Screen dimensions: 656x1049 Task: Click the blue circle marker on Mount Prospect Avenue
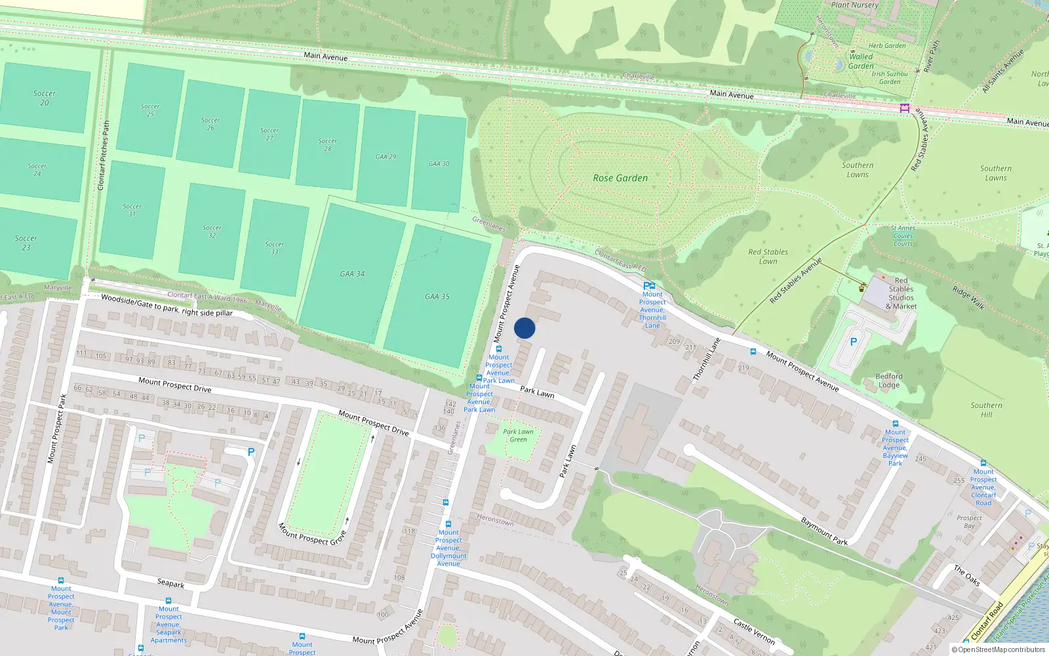pyautogui.click(x=524, y=328)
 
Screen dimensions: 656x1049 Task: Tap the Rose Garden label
pyautogui.click(x=620, y=178)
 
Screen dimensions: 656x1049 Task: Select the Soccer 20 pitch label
pyautogui.click(x=44, y=98)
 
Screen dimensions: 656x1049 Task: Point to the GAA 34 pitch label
pyautogui.click(x=352, y=274)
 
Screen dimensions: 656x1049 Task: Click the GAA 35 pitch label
pyautogui.click(x=437, y=297)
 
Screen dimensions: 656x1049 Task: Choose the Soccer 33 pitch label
pyautogui.click(x=275, y=247)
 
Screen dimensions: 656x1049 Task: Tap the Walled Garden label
pyautogui.click(x=861, y=61)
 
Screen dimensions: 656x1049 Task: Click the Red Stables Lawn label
pyautogui.click(x=768, y=256)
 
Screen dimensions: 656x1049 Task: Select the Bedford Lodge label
pyautogui.click(x=889, y=380)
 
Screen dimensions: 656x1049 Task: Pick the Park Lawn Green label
pyautogui.click(x=518, y=436)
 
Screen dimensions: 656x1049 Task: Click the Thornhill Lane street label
pyautogui.click(x=707, y=359)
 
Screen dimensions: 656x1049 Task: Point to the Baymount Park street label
pyautogui.click(x=824, y=531)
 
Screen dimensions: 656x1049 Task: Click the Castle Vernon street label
pyautogui.click(x=754, y=632)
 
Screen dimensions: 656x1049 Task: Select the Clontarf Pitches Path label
pyautogui.click(x=104, y=155)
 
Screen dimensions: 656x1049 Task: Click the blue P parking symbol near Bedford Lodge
pyautogui.click(x=853, y=342)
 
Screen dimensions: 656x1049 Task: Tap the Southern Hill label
pyautogui.click(x=986, y=409)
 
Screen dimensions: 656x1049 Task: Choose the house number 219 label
pyautogui.click(x=743, y=368)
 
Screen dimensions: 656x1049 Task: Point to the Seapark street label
pyautogui.click(x=170, y=583)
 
